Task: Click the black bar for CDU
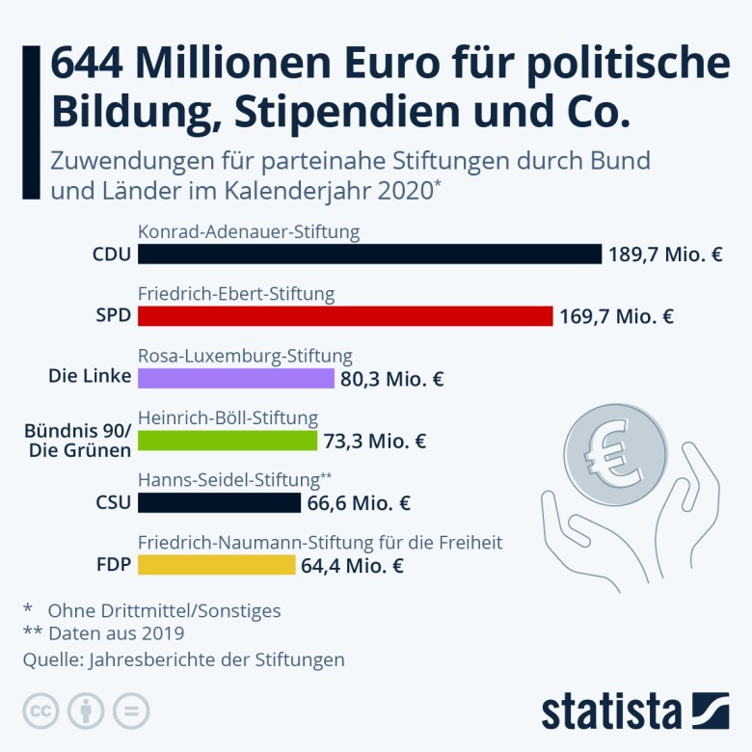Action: click(x=369, y=254)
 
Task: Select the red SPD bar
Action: click(x=345, y=316)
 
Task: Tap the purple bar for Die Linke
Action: click(x=236, y=378)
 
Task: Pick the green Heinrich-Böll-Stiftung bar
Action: click(x=228, y=441)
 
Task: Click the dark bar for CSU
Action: click(x=220, y=502)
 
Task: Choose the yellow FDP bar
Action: click(x=217, y=565)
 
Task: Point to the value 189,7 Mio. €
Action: click(x=665, y=255)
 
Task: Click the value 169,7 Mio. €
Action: click(x=616, y=316)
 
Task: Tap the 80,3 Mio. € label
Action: click(x=391, y=379)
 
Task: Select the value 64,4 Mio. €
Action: click(x=352, y=566)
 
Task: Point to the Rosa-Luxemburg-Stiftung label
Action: click(x=245, y=357)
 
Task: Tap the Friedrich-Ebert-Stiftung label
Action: click(x=236, y=294)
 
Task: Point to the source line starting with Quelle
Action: click(x=183, y=659)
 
